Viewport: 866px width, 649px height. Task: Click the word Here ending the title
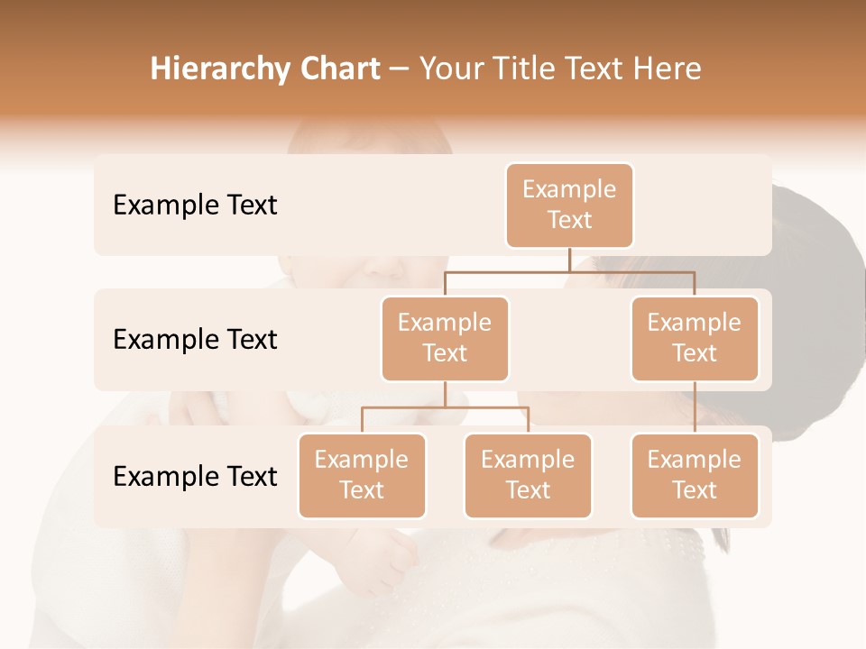tap(668, 69)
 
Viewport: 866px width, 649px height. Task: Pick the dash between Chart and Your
tap(400, 70)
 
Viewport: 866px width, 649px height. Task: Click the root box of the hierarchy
tap(569, 206)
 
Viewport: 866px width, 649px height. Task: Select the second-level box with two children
tap(445, 339)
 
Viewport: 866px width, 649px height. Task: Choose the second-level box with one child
tap(695, 339)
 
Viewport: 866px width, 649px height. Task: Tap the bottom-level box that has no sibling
tap(695, 476)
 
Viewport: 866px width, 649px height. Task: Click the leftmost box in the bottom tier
tap(362, 476)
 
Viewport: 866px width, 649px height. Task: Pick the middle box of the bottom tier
tap(528, 476)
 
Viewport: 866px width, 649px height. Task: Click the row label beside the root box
tap(195, 206)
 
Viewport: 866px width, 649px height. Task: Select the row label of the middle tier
tap(195, 340)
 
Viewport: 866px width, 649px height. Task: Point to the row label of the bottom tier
tap(195, 476)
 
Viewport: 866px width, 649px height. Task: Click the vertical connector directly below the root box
tap(569, 260)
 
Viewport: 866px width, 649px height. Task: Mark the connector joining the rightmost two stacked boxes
tap(695, 407)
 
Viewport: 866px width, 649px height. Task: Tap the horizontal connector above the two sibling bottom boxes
tap(445, 407)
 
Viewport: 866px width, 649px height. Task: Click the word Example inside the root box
tap(569, 189)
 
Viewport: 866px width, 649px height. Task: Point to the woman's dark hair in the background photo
tap(812, 270)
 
